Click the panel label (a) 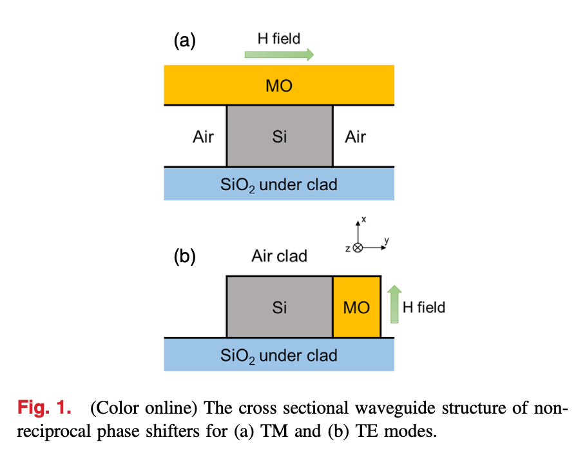coord(184,41)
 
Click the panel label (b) coord(184,256)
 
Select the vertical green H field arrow coord(391,305)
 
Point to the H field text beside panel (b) coord(423,307)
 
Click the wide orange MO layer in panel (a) coord(279,85)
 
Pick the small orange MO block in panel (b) coord(356,307)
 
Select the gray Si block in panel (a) coord(279,137)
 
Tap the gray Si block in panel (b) coord(279,307)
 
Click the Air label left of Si coord(203,137)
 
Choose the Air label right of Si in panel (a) coord(355,137)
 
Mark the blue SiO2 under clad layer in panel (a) coord(279,184)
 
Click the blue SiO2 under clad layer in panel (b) coord(279,355)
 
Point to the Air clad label coord(279,256)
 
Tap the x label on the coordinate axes coord(364,220)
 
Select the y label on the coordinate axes coord(386,241)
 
